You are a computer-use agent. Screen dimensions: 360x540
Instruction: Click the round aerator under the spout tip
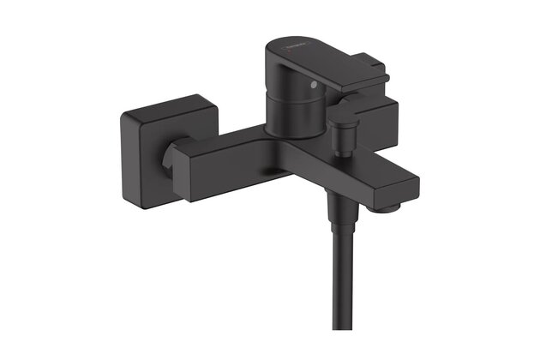click(391, 206)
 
